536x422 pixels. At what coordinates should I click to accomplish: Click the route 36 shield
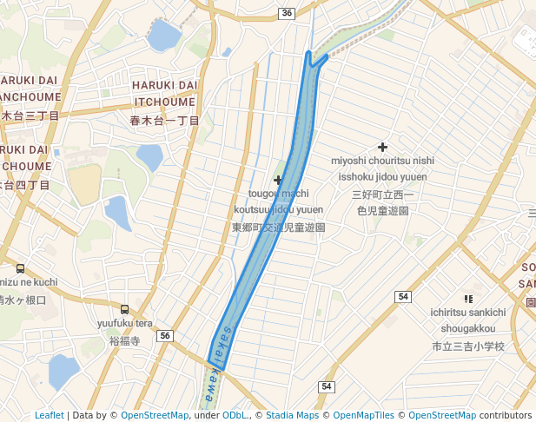pos(288,13)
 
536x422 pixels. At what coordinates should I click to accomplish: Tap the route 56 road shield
pos(166,336)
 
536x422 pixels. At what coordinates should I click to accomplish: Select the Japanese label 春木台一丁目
pos(164,120)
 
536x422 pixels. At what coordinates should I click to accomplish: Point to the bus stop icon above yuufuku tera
pos(124,309)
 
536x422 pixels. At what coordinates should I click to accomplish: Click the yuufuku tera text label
pos(125,324)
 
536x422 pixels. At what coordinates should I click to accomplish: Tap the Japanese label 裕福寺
pos(125,341)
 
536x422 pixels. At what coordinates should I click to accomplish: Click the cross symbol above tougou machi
pos(278,180)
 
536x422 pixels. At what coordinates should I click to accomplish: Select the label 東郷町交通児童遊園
pos(278,227)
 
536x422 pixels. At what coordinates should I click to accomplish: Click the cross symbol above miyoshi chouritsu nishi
pos(382,147)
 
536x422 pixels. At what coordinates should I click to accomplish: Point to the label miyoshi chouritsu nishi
pos(382,161)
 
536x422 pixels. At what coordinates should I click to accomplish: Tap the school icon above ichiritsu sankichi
pos(468,298)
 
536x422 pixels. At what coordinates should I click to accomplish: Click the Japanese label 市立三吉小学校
pos(468,346)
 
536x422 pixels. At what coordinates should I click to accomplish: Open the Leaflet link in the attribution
pos(49,415)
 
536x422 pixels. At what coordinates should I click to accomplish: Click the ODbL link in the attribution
pos(235,415)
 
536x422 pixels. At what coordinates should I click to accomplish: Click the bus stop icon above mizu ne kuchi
pos(20,268)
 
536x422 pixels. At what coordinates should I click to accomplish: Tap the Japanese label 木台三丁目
pos(30,115)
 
